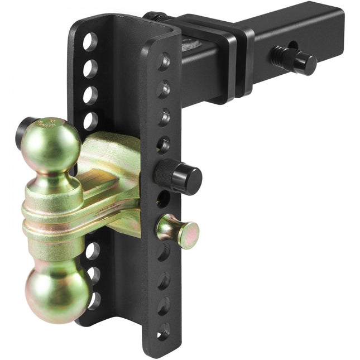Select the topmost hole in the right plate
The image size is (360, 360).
tap(164, 61)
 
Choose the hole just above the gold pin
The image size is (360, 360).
tap(163, 198)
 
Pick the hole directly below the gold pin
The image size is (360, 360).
tap(164, 252)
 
